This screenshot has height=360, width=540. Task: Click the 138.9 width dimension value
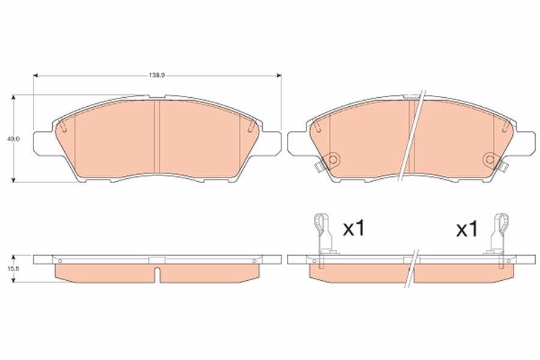[157, 75]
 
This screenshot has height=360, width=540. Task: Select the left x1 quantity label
[353, 229]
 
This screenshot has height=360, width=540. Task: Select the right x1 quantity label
[467, 229]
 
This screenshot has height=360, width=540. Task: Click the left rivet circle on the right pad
[332, 160]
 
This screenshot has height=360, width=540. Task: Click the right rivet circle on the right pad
[490, 160]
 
